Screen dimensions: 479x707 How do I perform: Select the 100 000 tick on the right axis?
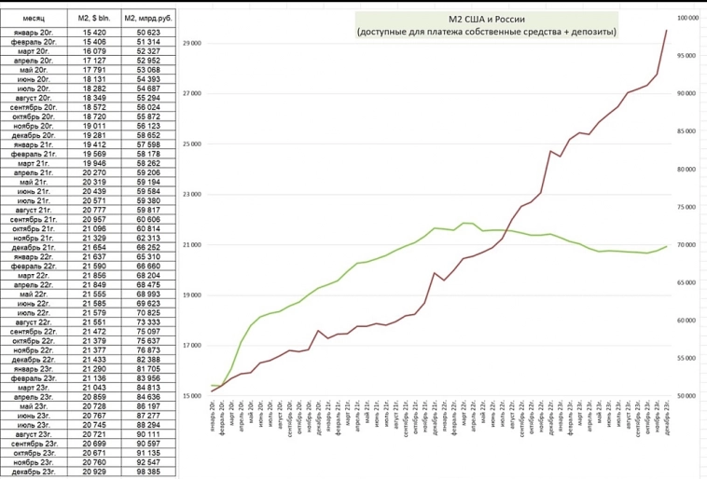coord(687,18)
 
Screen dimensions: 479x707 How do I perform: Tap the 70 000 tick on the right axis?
coord(686,245)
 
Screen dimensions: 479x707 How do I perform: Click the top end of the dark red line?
coord(666,31)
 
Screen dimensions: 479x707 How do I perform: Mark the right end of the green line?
coord(666,246)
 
